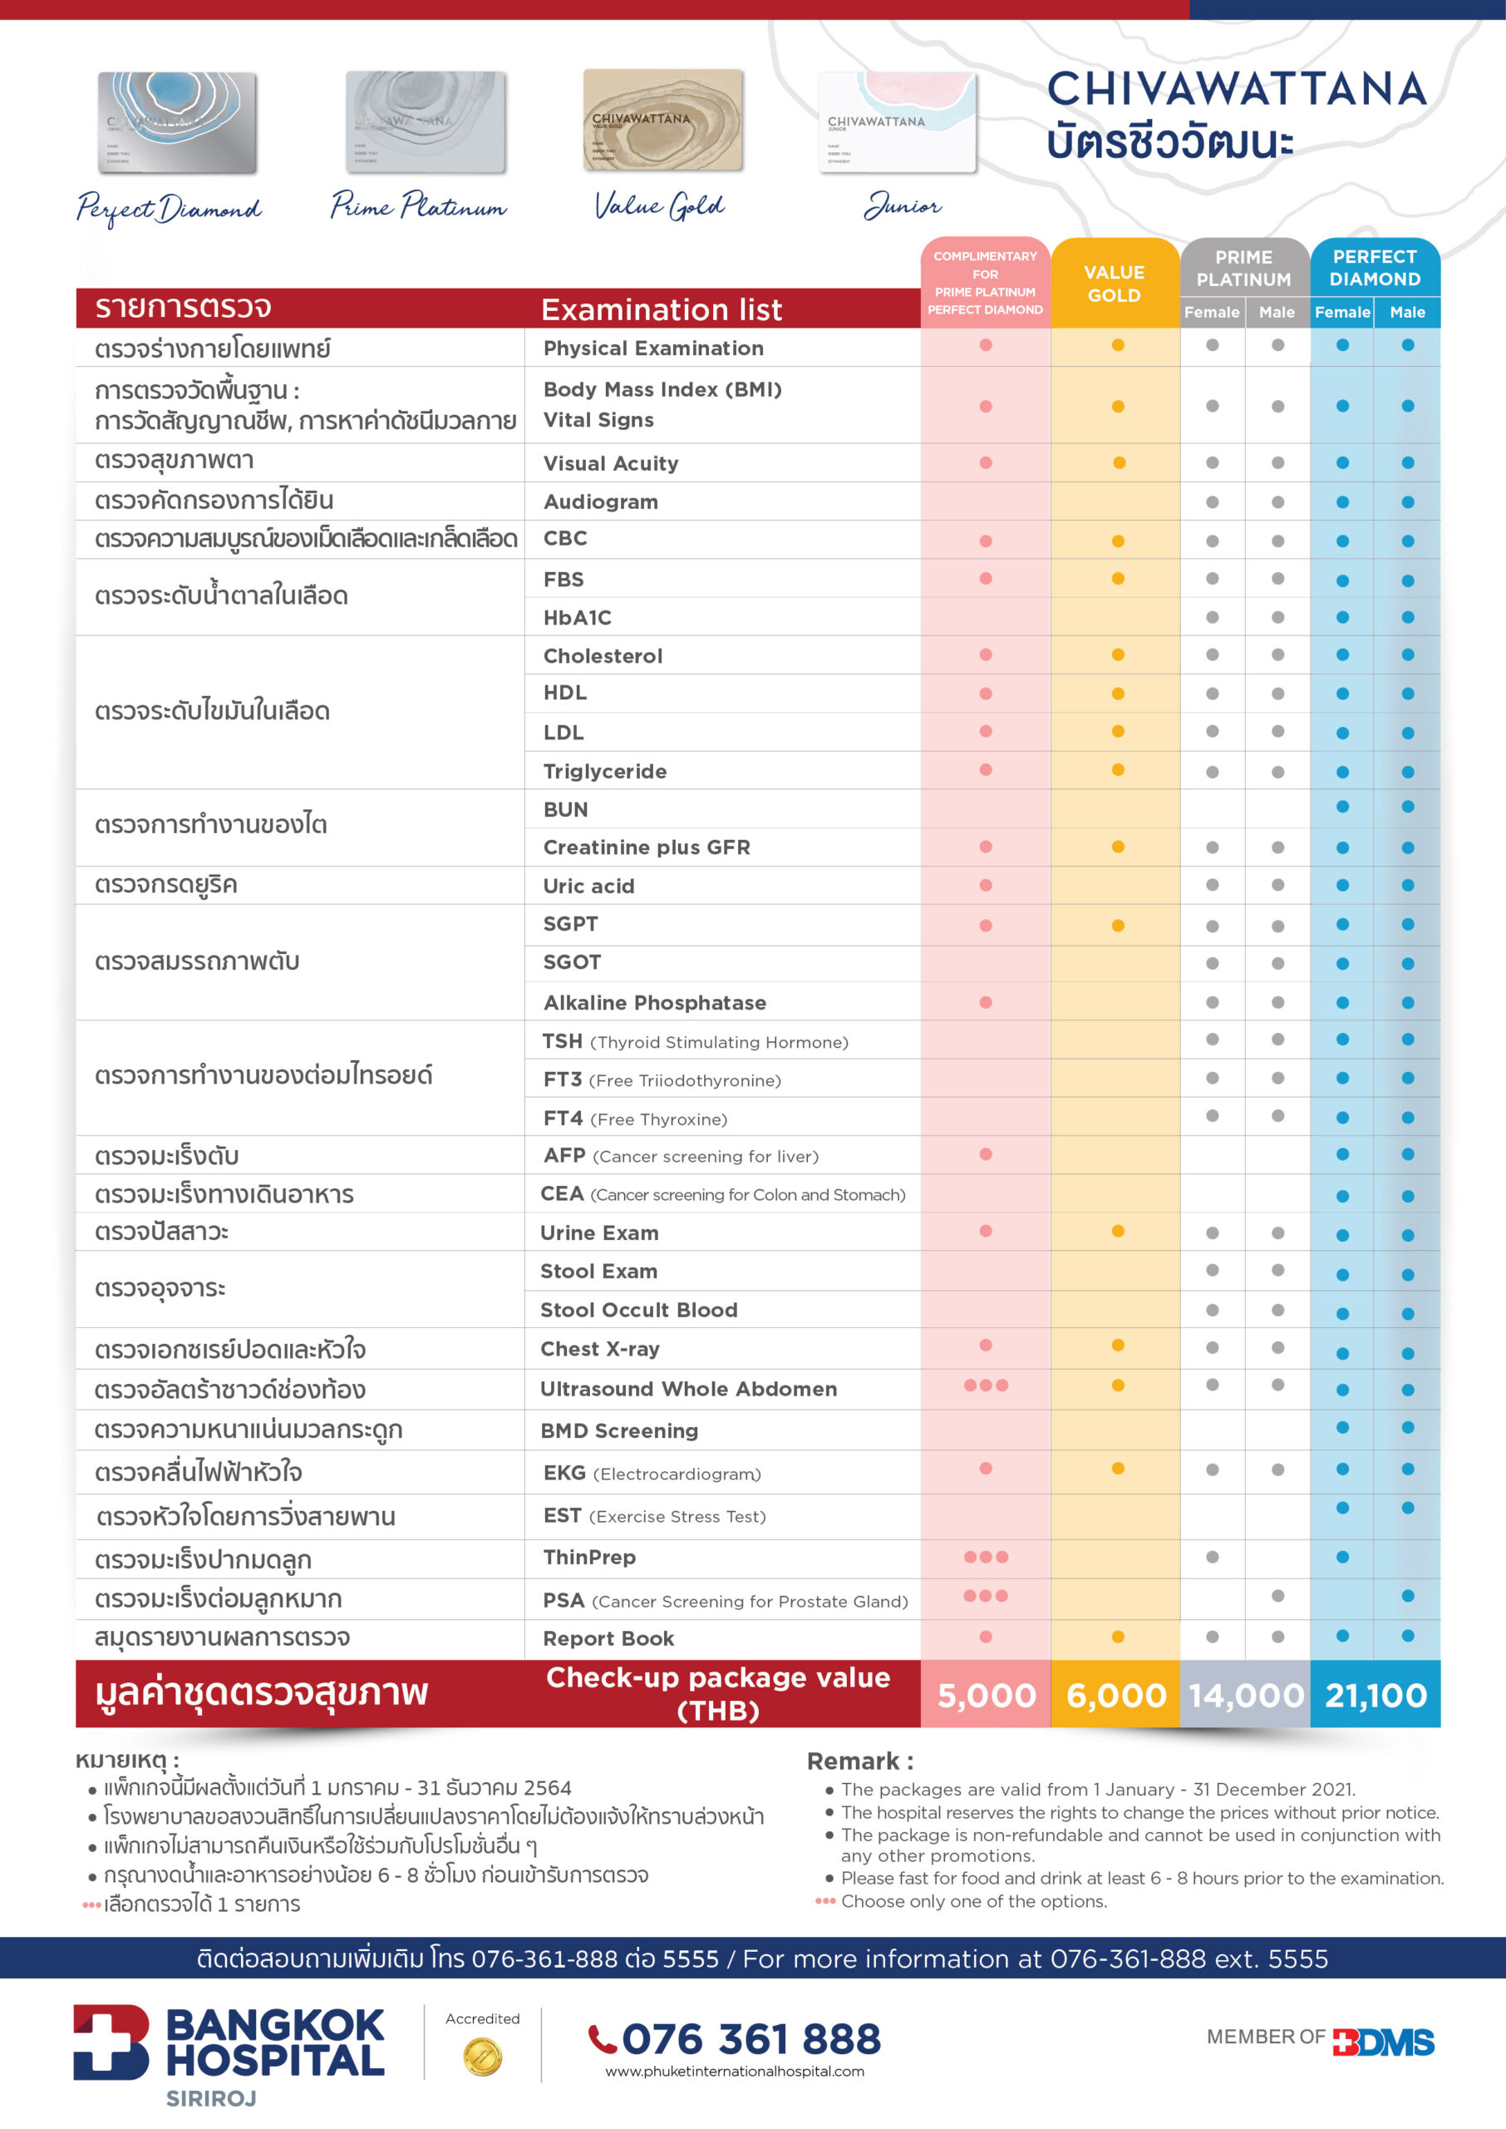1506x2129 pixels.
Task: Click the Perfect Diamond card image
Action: (x=177, y=122)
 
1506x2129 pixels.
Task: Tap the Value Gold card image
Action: (x=663, y=121)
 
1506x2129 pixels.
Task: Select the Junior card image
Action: (x=898, y=122)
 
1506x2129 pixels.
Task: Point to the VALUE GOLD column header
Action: (x=1115, y=283)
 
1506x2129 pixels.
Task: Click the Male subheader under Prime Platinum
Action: (x=1277, y=313)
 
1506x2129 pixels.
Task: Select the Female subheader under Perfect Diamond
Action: (x=1342, y=313)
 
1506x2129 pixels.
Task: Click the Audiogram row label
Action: (x=601, y=501)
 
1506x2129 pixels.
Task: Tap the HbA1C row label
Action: (x=578, y=617)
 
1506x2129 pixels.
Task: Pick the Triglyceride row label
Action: (x=604, y=771)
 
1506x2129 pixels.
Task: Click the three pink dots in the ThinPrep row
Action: (x=986, y=1557)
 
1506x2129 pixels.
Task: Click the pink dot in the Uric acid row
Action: (x=986, y=885)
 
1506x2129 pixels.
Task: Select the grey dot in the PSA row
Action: (x=1278, y=1596)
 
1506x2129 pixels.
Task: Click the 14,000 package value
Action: (x=1247, y=1695)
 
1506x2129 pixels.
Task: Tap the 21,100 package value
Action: (x=1376, y=1695)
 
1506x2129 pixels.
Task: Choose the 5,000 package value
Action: (x=987, y=1695)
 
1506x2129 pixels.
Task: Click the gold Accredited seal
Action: (x=482, y=2056)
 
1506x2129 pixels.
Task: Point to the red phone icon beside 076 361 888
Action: (x=603, y=2039)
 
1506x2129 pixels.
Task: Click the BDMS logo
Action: (x=1384, y=2042)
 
